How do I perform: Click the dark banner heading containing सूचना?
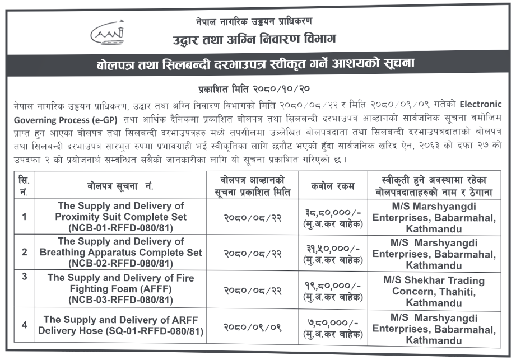click(257, 64)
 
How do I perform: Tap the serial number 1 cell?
click(24, 216)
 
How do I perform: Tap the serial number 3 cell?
click(24, 276)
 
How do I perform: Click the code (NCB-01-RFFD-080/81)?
click(120, 228)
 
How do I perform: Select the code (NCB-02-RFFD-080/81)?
click(120, 264)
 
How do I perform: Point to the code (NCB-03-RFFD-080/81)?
click(120, 300)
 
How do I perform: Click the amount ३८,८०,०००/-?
click(333, 212)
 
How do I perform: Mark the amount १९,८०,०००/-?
click(333, 285)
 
